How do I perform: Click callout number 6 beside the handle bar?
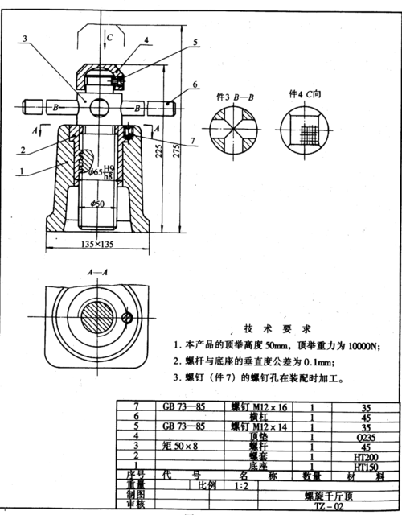(195, 84)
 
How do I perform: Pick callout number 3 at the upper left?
(25, 38)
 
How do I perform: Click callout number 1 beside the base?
(19, 171)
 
